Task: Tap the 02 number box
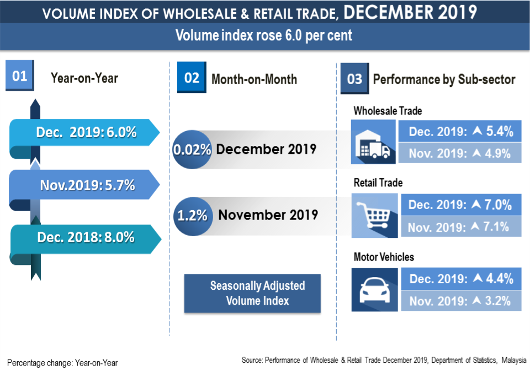pyautogui.click(x=191, y=77)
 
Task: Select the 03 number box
pyautogui.click(x=354, y=79)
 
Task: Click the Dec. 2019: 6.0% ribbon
pyautogui.click(x=86, y=133)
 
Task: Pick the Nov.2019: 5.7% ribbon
pyautogui.click(x=87, y=185)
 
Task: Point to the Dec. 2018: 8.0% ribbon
pyautogui.click(x=86, y=237)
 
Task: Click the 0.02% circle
pyautogui.click(x=192, y=149)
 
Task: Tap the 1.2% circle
pyautogui.click(x=192, y=215)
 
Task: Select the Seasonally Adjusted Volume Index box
pyautogui.click(x=252, y=293)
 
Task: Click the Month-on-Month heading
pyautogui.click(x=254, y=79)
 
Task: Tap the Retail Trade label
pyautogui.click(x=378, y=183)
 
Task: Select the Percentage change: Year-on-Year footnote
pyautogui.click(x=62, y=363)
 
